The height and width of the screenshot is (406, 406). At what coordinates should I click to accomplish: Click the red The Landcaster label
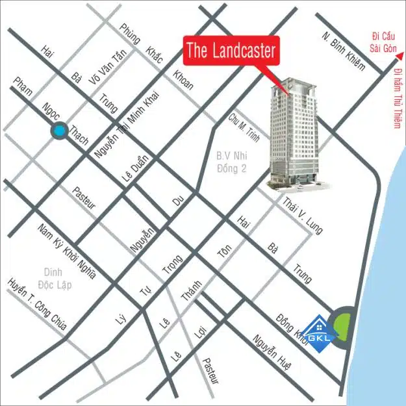[231, 50]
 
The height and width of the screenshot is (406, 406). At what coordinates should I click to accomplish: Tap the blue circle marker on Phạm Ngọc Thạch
[60, 131]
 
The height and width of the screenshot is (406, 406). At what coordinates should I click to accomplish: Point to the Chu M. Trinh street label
[243, 129]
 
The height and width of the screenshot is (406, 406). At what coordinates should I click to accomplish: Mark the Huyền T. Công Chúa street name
[36, 309]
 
